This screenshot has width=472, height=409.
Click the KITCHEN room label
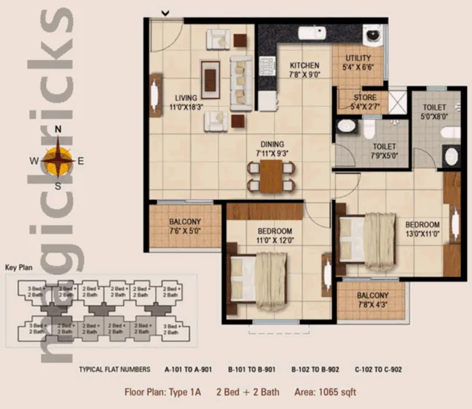click(x=299, y=65)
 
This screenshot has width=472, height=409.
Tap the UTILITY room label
click(x=358, y=58)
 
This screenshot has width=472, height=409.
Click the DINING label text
click(x=270, y=144)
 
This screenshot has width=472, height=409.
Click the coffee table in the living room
click(x=211, y=74)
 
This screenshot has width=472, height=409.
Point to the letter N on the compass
click(x=59, y=132)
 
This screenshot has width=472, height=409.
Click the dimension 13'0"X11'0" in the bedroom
click(x=422, y=234)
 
